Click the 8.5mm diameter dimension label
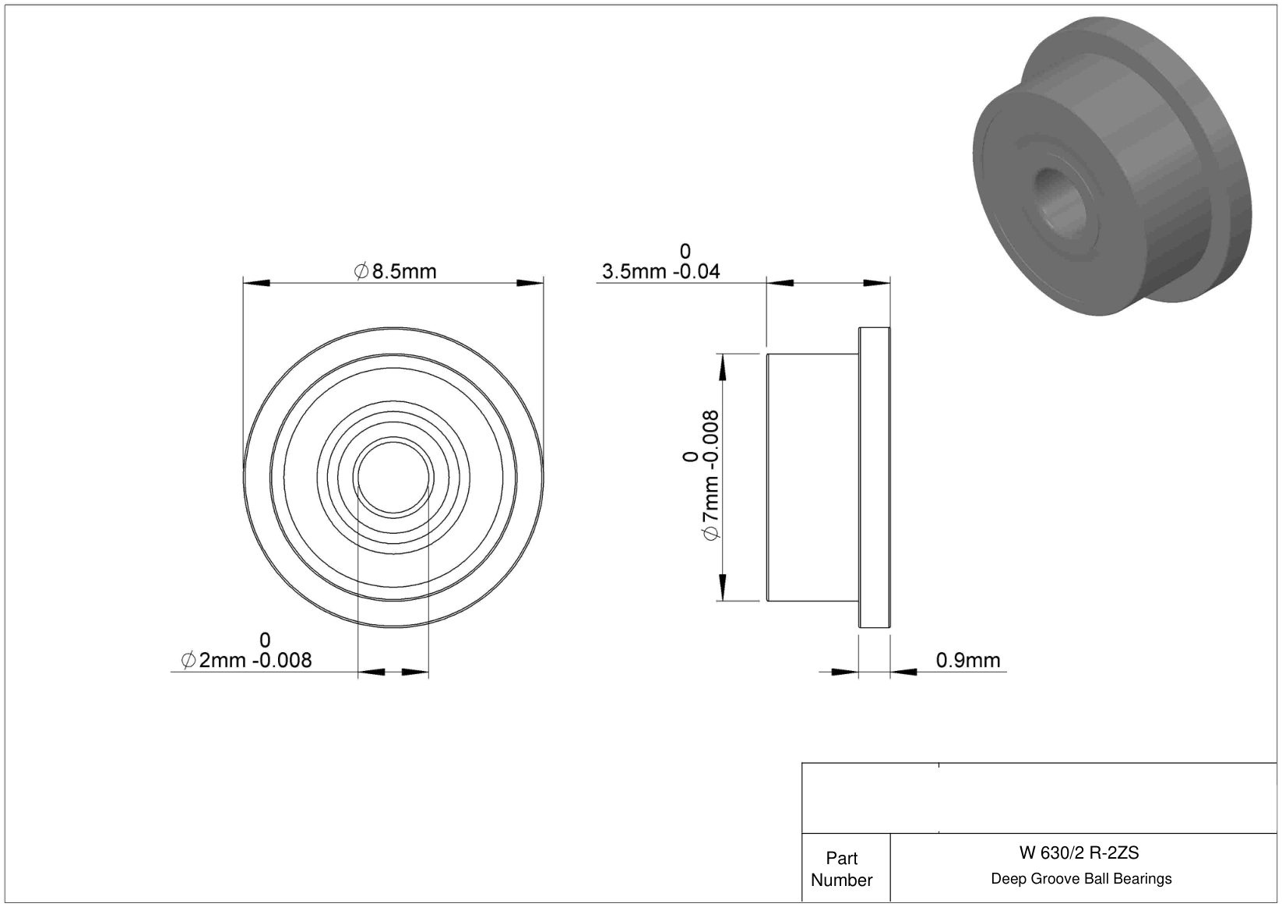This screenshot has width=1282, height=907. pos(395,271)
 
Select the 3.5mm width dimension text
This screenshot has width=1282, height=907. pos(660,271)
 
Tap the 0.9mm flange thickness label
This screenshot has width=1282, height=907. pos(968,660)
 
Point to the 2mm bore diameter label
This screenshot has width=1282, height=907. pos(246,660)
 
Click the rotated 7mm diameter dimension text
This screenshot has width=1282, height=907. pos(710,475)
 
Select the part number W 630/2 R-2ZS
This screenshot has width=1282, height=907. pos(1079,853)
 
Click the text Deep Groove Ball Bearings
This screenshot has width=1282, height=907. pos(1081,879)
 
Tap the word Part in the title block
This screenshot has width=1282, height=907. pos(841,859)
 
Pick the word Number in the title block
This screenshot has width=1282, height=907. pos(841,880)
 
